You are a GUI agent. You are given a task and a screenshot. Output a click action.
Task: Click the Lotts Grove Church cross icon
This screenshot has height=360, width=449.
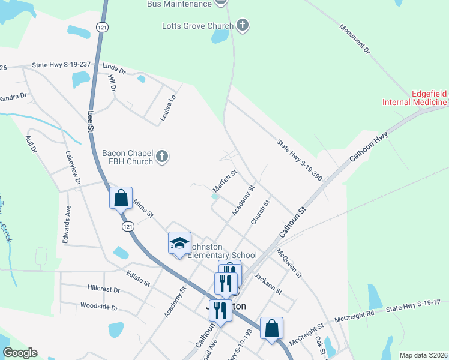click(x=243, y=25)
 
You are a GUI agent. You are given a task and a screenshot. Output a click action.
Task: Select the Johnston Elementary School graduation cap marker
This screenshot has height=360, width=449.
click(x=179, y=244)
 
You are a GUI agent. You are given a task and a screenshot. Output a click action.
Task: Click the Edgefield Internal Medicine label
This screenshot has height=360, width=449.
click(x=415, y=98)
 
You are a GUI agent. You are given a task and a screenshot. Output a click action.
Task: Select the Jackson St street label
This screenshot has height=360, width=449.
click(x=268, y=283)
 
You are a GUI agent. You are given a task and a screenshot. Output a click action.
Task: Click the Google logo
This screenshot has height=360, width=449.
click(x=20, y=353)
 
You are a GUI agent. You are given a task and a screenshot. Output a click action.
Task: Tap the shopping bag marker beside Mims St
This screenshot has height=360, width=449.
click(x=121, y=199)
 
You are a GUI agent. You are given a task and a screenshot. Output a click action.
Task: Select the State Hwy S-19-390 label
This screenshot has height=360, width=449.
click(x=300, y=160)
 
